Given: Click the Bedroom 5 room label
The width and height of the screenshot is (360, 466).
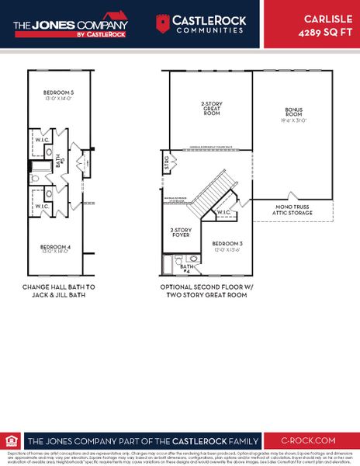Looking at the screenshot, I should click(x=59, y=92).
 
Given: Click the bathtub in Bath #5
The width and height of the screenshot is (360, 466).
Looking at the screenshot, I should click(x=38, y=165).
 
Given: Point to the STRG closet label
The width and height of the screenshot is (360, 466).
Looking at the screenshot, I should click(x=166, y=163).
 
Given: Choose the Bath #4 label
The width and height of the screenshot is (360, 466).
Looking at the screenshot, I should click(x=186, y=269).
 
